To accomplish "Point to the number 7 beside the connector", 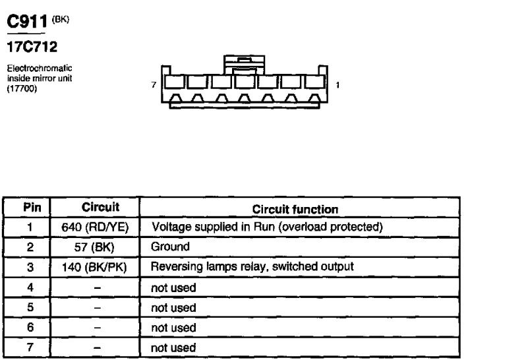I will point(153,85).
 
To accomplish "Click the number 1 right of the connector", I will point(337,85).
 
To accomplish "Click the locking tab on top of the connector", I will point(243,65).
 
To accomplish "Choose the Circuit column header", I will point(100,208).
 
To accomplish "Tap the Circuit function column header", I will point(295,208).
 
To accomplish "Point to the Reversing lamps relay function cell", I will point(252,267).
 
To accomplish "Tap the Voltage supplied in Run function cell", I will point(268,227).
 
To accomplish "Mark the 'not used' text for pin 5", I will point(173,307).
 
